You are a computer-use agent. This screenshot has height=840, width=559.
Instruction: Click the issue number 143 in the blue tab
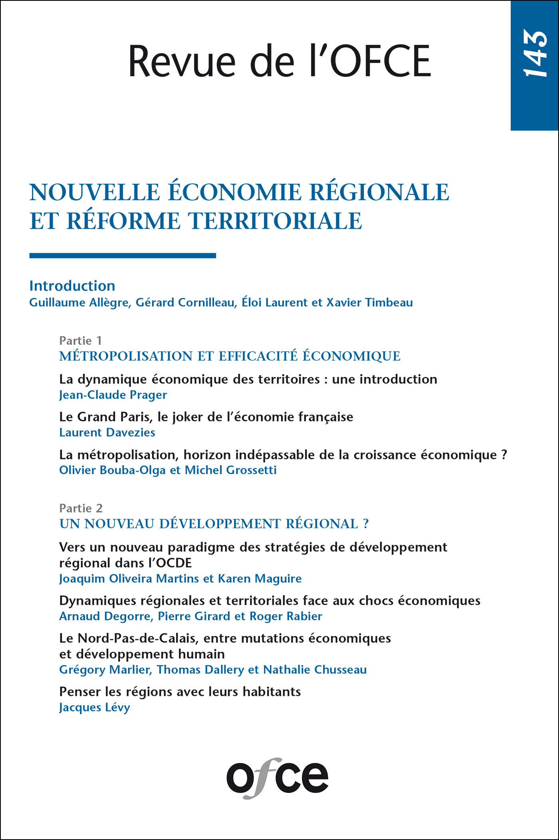[x=535, y=54]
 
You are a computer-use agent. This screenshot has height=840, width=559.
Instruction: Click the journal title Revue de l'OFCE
[x=279, y=61]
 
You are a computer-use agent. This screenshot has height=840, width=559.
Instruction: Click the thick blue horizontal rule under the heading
[x=123, y=256]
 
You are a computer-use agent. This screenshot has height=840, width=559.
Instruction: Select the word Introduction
[x=72, y=286]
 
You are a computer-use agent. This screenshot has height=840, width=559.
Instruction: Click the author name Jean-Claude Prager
[x=113, y=395]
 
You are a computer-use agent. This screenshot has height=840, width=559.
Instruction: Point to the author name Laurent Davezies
[x=107, y=432]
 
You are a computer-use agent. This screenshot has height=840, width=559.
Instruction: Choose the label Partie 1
[x=80, y=340]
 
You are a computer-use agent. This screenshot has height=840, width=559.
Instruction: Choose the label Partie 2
[x=81, y=508]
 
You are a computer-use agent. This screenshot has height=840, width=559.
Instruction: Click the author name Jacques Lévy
[x=95, y=707]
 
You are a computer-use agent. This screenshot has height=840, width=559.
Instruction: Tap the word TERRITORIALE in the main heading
[x=275, y=221]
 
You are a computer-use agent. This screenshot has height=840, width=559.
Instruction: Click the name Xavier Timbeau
[x=370, y=302]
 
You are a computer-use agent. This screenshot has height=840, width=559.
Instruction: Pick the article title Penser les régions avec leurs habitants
[x=180, y=691]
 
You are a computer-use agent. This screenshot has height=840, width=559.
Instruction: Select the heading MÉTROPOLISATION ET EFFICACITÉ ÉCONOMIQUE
[x=230, y=356]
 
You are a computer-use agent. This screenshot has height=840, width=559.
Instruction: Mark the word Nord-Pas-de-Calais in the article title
[x=137, y=638]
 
